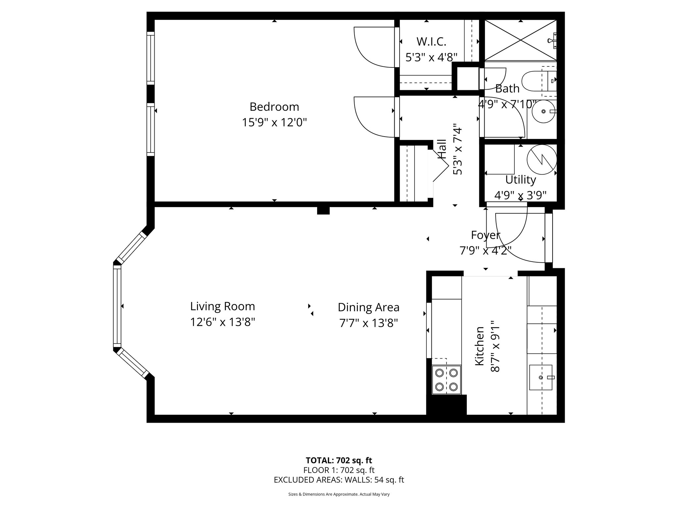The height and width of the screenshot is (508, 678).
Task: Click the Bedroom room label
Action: (x=274, y=107)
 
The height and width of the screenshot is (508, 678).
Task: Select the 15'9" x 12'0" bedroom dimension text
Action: (x=274, y=123)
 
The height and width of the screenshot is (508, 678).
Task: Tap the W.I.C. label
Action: (x=431, y=42)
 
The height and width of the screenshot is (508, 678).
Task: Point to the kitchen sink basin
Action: (x=541, y=377)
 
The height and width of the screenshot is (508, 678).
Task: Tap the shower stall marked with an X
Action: (x=520, y=41)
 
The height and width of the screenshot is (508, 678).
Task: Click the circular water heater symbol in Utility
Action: (x=542, y=160)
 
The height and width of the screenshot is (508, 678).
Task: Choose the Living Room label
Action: (x=222, y=306)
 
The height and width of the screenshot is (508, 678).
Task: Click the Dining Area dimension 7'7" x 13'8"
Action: (x=368, y=323)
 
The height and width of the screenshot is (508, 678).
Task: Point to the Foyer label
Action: (x=485, y=235)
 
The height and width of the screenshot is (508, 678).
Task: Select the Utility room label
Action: (x=520, y=180)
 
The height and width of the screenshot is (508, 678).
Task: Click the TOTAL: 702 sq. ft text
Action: (x=339, y=460)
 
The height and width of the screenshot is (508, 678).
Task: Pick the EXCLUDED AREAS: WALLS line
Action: (x=339, y=480)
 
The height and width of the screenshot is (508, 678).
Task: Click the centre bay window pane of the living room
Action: (x=117, y=306)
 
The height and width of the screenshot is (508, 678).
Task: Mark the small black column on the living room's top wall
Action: (x=323, y=210)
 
